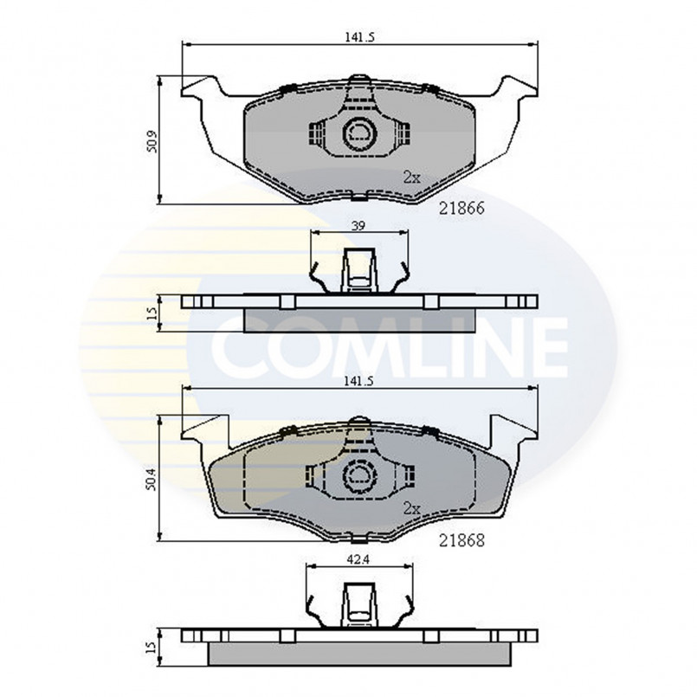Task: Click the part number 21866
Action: pyautogui.click(x=460, y=209)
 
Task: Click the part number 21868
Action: pyautogui.click(x=460, y=541)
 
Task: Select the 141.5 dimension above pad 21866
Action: pyautogui.click(x=358, y=36)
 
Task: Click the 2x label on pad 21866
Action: pyautogui.click(x=411, y=177)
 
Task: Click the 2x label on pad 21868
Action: pyautogui.click(x=411, y=510)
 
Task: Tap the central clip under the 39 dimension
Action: pyautogui.click(x=358, y=269)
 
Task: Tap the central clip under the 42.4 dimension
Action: pyautogui.click(x=358, y=603)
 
